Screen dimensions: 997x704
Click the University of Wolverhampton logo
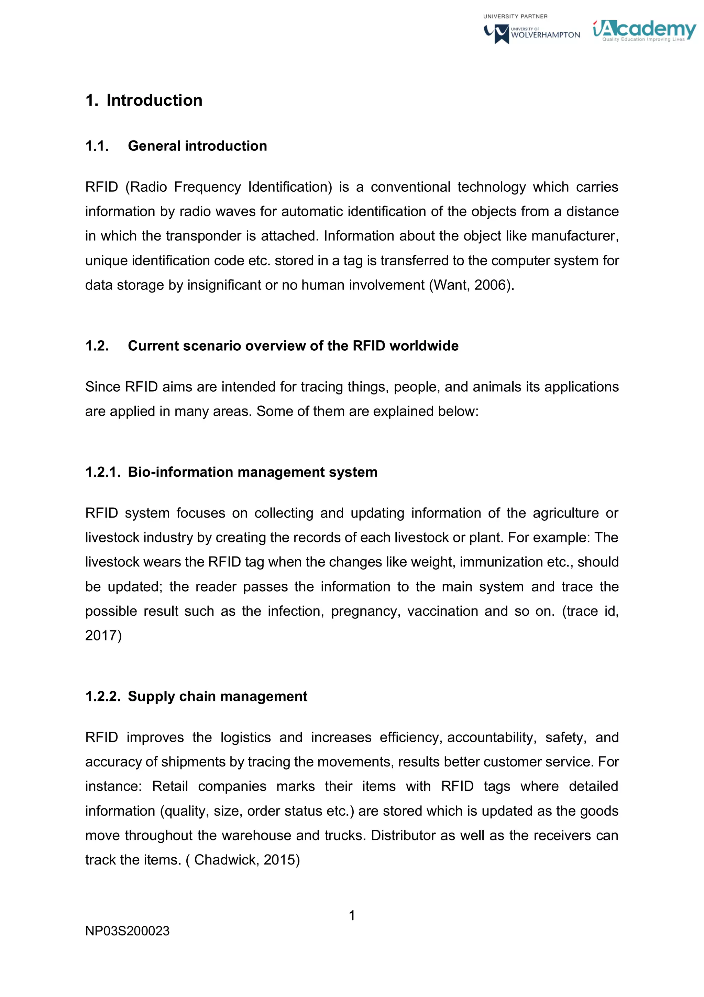pyautogui.click(x=532, y=33)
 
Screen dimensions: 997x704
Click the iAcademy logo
pyautogui.click(x=644, y=30)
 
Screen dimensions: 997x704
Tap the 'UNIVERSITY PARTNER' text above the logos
pyautogui.click(x=515, y=17)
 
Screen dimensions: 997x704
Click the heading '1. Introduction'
pyautogui.click(x=144, y=100)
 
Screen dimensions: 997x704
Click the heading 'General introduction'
pyautogui.click(x=197, y=146)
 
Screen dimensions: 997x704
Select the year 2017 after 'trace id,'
pyautogui.click(x=103, y=635)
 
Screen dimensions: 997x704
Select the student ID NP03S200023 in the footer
pyautogui.click(x=127, y=931)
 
